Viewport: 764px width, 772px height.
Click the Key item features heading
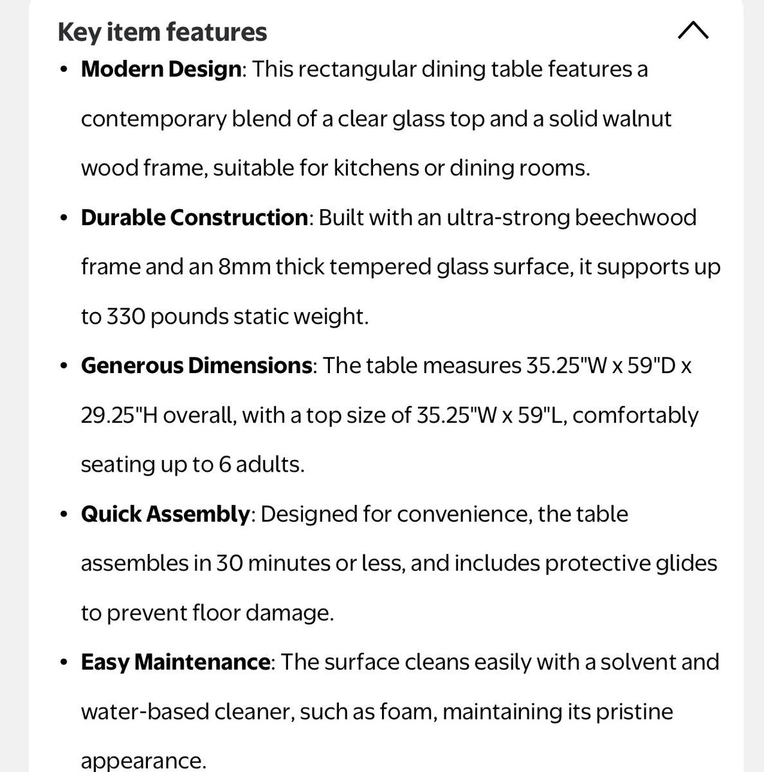pyautogui.click(x=162, y=32)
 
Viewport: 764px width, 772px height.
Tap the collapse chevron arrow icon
pyautogui.click(x=693, y=30)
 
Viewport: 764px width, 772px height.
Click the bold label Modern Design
pyautogui.click(x=161, y=69)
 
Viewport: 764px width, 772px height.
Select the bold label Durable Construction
pyautogui.click(x=194, y=217)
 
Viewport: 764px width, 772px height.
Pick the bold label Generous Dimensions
pyautogui.click(x=196, y=365)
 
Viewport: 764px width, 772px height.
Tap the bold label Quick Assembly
pyautogui.click(x=165, y=514)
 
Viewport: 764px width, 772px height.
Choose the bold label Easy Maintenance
pyautogui.click(x=175, y=662)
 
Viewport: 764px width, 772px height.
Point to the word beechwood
pyautogui.click(x=635, y=217)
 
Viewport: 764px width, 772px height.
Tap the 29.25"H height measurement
pyautogui.click(x=119, y=416)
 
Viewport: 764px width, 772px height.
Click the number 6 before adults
pyautogui.click(x=224, y=464)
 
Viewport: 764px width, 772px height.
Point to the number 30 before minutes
pyautogui.click(x=228, y=564)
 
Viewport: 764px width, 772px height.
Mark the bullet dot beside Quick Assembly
pyautogui.click(x=63, y=515)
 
